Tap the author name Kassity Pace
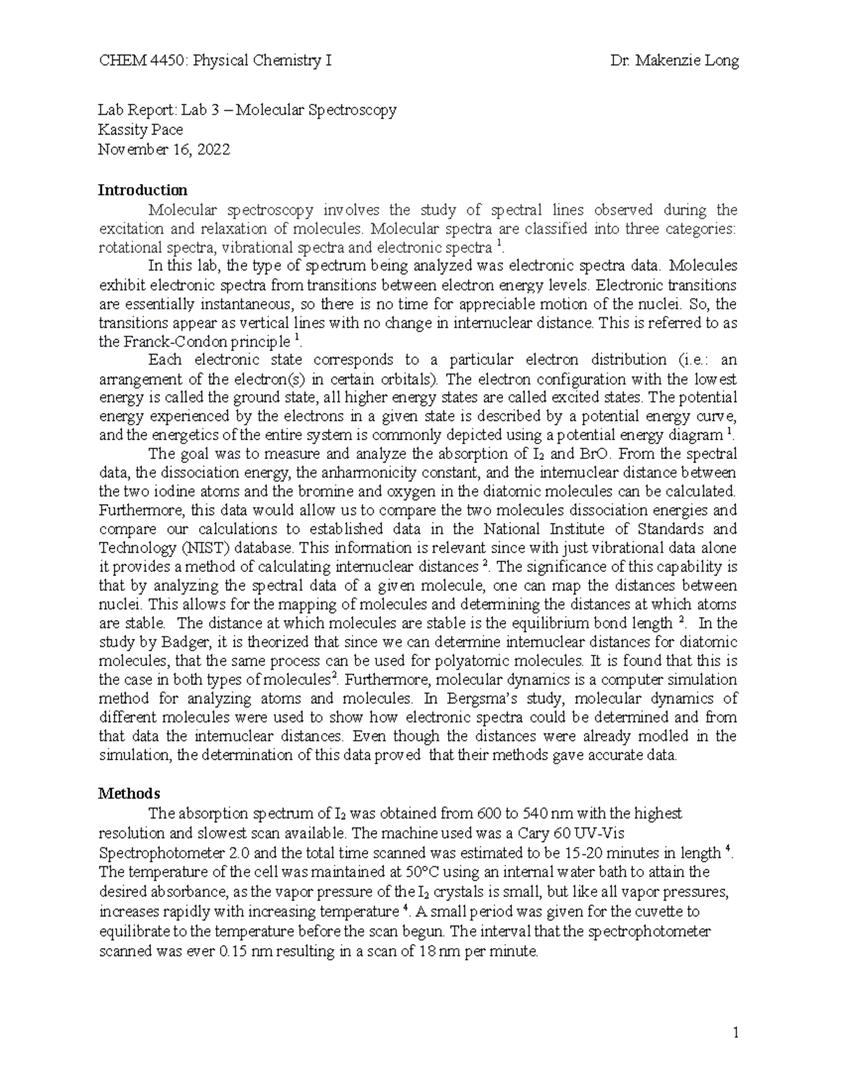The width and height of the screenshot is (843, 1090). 140,130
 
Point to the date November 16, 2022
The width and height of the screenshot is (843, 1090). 164,149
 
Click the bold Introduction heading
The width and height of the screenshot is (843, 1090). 143,190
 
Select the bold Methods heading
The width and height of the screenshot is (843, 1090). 129,794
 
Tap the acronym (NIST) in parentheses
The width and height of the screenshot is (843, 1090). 183,547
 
